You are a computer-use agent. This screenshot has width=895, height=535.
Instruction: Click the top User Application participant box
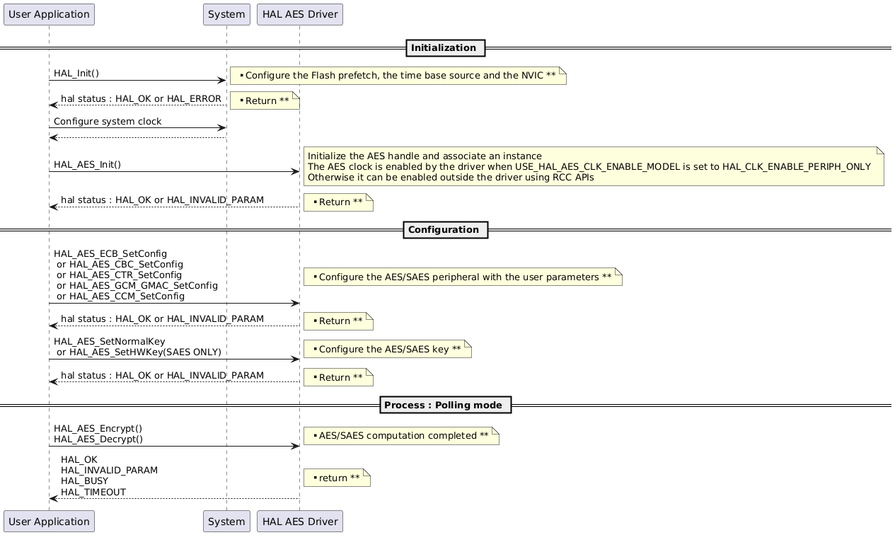pyautogui.click(x=49, y=14)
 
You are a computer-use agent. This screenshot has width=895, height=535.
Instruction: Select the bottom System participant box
pyautogui.click(x=226, y=522)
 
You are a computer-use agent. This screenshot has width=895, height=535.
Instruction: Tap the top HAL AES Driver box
pyautogui.click(x=300, y=14)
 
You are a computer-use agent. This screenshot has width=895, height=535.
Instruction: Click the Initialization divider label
pyautogui.click(x=445, y=48)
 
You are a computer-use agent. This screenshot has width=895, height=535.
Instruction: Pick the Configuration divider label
pyautogui.click(x=445, y=230)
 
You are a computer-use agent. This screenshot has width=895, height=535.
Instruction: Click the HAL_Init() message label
pyautogui.click(x=76, y=74)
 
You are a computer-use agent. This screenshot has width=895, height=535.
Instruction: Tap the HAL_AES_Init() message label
pyautogui.click(x=87, y=165)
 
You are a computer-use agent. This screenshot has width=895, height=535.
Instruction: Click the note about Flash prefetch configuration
pyautogui.click(x=398, y=76)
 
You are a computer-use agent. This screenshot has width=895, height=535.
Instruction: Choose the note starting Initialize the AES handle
pyautogui.click(x=594, y=166)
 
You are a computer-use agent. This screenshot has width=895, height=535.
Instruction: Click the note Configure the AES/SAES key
pyautogui.click(x=387, y=349)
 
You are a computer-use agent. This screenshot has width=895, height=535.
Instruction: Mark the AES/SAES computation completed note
pyautogui.click(x=401, y=436)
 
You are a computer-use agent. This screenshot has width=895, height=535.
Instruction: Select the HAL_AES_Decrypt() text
pyautogui.click(x=98, y=439)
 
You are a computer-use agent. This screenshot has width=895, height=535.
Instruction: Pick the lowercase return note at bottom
pyautogui.click(x=337, y=478)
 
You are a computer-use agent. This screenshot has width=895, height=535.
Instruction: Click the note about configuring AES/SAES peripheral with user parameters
pyautogui.click(x=463, y=277)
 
